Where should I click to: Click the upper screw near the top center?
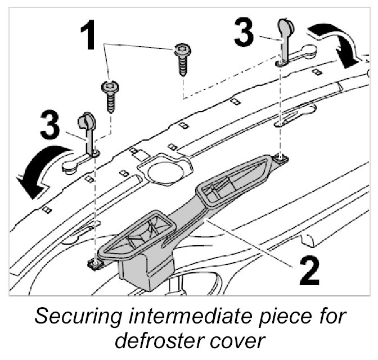coord(183,58)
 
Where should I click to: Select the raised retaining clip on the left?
coord(88,132)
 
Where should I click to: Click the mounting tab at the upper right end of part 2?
coord(280,161)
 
